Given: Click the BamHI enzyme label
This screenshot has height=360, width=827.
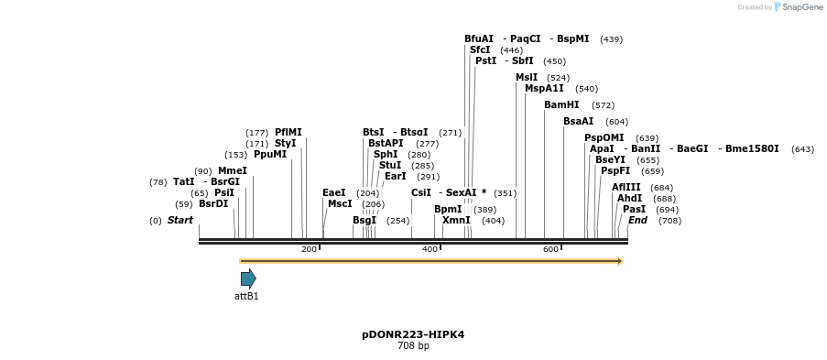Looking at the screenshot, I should pos(561,105).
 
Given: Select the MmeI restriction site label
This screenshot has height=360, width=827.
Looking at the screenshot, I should pos(233,171).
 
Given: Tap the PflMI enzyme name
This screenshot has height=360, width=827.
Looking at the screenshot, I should pos(288,133).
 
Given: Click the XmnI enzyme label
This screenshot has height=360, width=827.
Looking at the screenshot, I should pos(456,221).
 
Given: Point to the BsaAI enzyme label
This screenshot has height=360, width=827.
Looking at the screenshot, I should pos(578,122).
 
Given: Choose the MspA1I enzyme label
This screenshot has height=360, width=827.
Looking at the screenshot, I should pos(544,89).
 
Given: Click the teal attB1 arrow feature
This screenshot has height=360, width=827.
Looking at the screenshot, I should pos(247,278).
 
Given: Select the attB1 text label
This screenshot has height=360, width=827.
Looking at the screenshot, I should pos(246,296).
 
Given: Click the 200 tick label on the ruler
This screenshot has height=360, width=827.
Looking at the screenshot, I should pos(309,249).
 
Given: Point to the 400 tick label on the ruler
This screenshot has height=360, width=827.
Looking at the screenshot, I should pos(430,249).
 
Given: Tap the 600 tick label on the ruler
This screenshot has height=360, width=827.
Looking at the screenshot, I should pos(550,249).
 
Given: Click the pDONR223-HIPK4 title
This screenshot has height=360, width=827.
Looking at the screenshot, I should pos(413,334).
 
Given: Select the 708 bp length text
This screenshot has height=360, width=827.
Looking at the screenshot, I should pos(413,346).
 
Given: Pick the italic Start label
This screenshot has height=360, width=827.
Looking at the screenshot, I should pos(180,221).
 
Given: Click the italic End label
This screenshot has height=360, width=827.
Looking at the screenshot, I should pos(637,221).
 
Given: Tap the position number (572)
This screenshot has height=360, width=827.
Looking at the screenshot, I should pos(604,105).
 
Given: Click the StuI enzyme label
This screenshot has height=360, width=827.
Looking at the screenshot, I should pos(390,166).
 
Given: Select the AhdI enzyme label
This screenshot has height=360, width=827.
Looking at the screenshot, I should pos(629,199).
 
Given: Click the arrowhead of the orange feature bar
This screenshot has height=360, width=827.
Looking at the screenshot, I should pos(620,261).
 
